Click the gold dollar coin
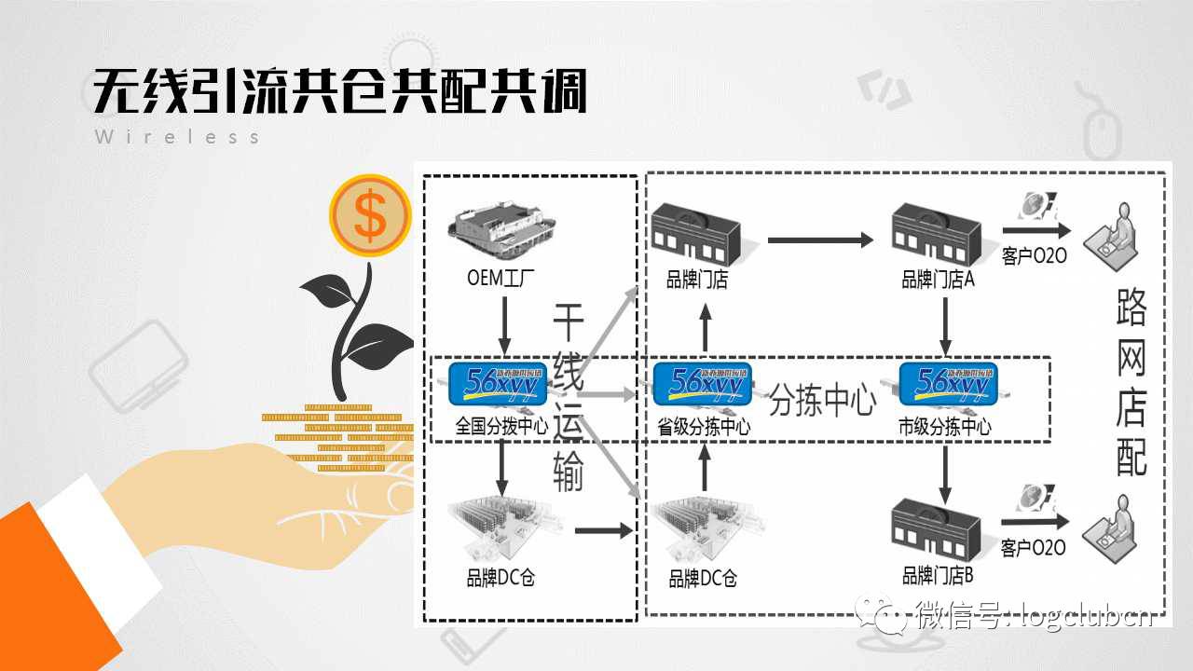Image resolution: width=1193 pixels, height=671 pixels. pyautogui.click(x=370, y=216)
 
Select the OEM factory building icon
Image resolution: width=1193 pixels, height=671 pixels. pyautogui.click(x=504, y=233)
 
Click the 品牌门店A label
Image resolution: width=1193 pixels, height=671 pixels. pyautogui.click(x=938, y=280)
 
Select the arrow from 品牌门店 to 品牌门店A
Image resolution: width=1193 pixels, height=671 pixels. pyautogui.click(x=819, y=240)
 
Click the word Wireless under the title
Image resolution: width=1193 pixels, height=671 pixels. pyautogui.click(x=177, y=137)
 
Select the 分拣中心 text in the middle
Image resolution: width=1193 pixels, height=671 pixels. pyautogui.click(x=822, y=402)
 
